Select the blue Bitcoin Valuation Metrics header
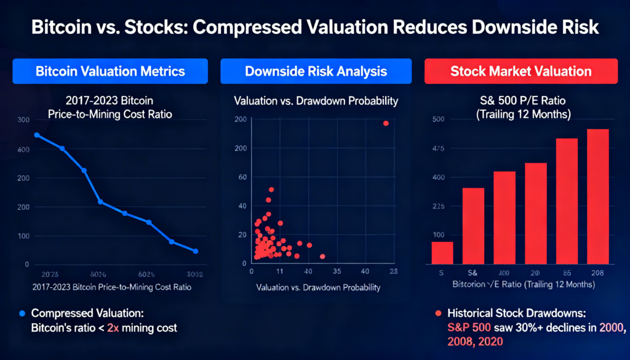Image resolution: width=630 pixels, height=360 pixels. coord(110,71)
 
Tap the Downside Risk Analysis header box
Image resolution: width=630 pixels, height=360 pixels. coord(316,71)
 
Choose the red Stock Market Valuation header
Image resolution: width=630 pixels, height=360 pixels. coord(520,71)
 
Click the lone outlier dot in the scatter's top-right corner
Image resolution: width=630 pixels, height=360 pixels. coord(386,123)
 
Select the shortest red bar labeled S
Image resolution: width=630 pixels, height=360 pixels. coord(442,253)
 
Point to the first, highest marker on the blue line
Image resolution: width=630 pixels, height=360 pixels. coord(37,135)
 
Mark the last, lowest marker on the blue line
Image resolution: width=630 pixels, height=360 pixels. coord(195,251)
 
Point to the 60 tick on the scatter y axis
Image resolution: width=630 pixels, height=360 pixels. coord(242,177)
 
